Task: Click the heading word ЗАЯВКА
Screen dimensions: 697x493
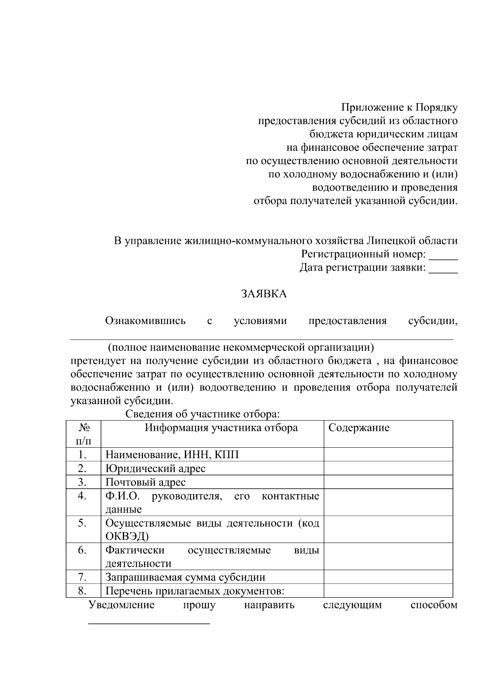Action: pyautogui.click(x=264, y=294)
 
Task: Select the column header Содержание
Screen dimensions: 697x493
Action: pyautogui.click(x=359, y=428)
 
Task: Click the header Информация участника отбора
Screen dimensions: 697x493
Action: pyautogui.click(x=221, y=428)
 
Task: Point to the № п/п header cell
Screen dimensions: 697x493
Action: pyautogui.click(x=83, y=434)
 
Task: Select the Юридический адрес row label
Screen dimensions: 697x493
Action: pyautogui.click(x=155, y=469)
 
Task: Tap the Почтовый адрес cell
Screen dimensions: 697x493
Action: pyautogui.click(x=145, y=482)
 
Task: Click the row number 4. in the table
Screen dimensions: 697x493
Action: pyautogui.click(x=82, y=496)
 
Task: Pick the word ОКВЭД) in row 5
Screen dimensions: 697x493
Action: pyautogui.click(x=127, y=536)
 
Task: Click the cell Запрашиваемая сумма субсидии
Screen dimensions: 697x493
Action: pyautogui.click(x=185, y=577)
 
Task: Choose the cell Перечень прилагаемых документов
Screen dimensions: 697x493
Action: pyautogui.click(x=195, y=591)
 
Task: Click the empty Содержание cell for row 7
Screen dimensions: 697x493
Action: pyautogui.click(x=388, y=577)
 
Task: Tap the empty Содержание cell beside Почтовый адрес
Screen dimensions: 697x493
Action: pyautogui.click(x=388, y=482)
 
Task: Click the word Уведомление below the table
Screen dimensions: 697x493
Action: pyautogui.click(x=122, y=605)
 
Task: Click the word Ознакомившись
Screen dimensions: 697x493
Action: pyautogui.click(x=145, y=321)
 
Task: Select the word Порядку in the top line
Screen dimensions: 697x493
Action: pyautogui.click(x=436, y=108)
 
